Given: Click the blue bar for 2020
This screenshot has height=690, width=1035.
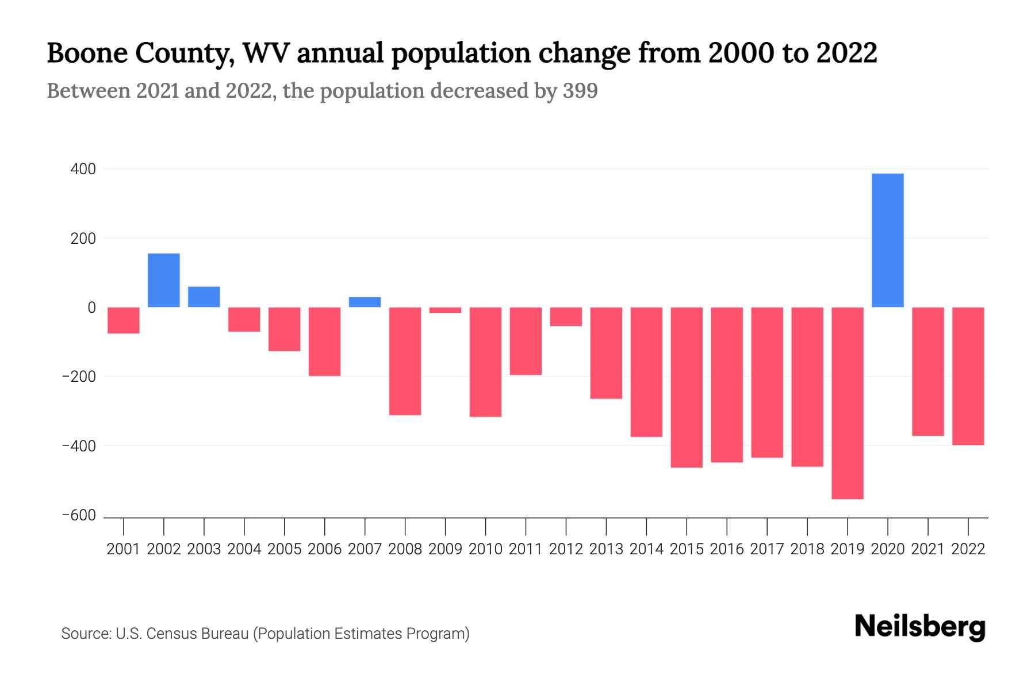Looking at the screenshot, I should click(x=887, y=240).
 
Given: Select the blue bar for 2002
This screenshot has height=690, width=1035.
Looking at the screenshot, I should click(x=164, y=280).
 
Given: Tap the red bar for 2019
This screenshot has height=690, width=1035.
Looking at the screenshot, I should click(x=848, y=402).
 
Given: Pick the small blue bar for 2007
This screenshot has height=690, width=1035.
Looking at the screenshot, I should click(x=365, y=302).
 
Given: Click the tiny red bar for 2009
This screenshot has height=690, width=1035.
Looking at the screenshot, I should click(x=445, y=310).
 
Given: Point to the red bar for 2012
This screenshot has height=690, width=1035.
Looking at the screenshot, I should click(x=566, y=317).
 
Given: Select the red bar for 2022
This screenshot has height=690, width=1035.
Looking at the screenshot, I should click(x=968, y=376).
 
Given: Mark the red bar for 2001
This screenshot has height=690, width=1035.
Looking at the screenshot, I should click(x=124, y=320).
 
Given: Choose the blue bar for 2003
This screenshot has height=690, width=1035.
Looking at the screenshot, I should click(x=204, y=297).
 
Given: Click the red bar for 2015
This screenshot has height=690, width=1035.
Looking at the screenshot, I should click(x=687, y=387).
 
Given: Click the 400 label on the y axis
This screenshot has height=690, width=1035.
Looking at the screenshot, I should click(x=83, y=170).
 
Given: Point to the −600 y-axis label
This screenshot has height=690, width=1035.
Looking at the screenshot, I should click(x=79, y=516).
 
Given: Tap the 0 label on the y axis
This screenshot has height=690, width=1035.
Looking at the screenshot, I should click(x=91, y=308).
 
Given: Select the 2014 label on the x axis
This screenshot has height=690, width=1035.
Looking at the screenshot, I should click(x=646, y=549).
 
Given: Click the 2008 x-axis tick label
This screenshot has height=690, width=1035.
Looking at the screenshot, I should click(x=405, y=549).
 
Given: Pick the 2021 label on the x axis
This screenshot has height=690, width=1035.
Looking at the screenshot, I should click(x=927, y=549).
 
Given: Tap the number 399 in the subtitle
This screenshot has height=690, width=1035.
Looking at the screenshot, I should click(x=580, y=91).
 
